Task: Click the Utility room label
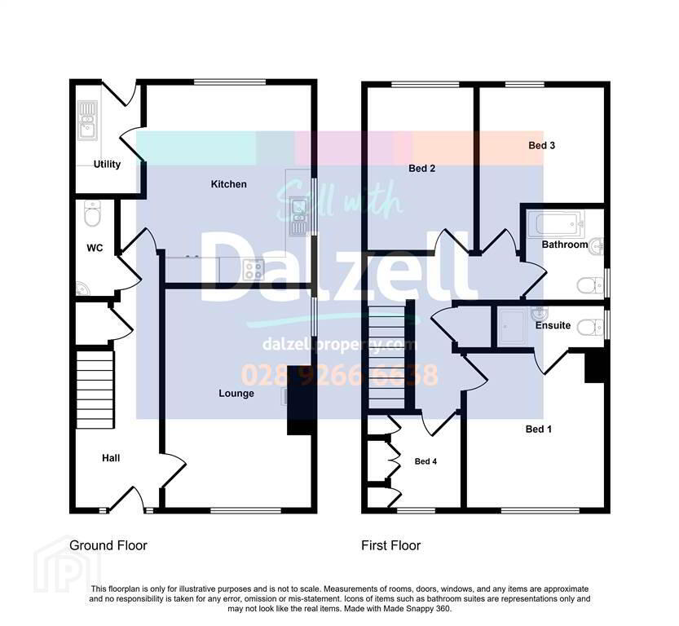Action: click(x=107, y=164)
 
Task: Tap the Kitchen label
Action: click(x=228, y=184)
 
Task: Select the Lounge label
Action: click(x=236, y=393)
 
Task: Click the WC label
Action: click(x=95, y=248)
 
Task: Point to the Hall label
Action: click(x=111, y=458)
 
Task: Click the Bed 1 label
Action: click(x=538, y=429)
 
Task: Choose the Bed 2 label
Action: click(x=421, y=169)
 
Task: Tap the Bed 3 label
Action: click(x=541, y=145)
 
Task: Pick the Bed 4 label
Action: click(x=425, y=461)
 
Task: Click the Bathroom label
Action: click(x=565, y=245)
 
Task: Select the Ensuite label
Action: click(x=553, y=325)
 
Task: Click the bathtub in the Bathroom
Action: click(x=557, y=223)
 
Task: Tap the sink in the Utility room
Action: click(x=87, y=121)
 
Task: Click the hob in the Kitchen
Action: click(x=254, y=270)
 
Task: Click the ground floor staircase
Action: click(x=95, y=389)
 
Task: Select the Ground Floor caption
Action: click(x=108, y=545)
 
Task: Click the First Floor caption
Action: click(x=391, y=545)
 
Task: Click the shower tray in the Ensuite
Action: click(x=512, y=326)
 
